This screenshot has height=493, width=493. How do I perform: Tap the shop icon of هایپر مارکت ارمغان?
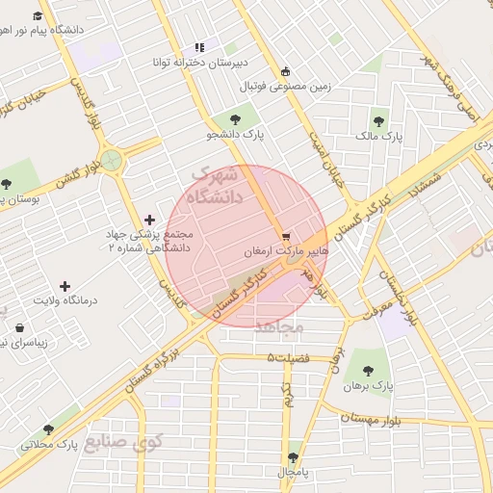(x=285, y=235)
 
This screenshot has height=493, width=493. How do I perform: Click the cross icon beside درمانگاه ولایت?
(x=65, y=286)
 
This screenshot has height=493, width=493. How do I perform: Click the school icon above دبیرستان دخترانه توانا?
(x=199, y=47)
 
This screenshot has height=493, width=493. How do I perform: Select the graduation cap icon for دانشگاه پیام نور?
(x=38, y=16)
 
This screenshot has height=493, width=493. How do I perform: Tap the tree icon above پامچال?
(x=293, y=457)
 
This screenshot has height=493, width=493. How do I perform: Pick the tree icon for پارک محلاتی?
(x=48, y=429)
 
